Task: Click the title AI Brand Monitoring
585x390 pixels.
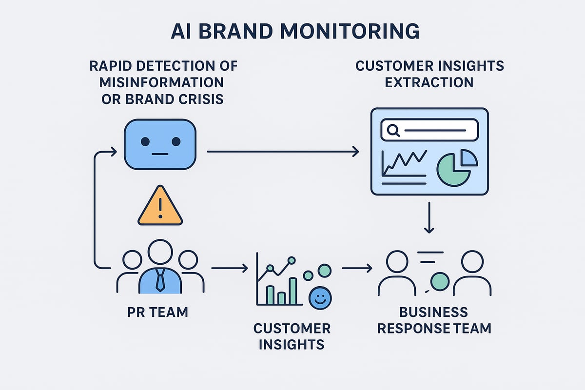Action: coord(295,31)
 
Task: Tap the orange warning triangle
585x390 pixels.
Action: coord(160,207)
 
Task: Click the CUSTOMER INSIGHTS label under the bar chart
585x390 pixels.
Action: coord(292,336)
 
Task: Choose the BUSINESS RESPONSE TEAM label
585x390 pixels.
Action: coord(434,320)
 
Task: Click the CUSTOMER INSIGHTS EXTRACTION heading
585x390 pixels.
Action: coord(429,73)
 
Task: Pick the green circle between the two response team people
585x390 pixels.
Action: coord(440,281)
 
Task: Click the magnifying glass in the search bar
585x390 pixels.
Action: coord(393,130)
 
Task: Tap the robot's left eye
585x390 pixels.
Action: coord(145,141)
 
